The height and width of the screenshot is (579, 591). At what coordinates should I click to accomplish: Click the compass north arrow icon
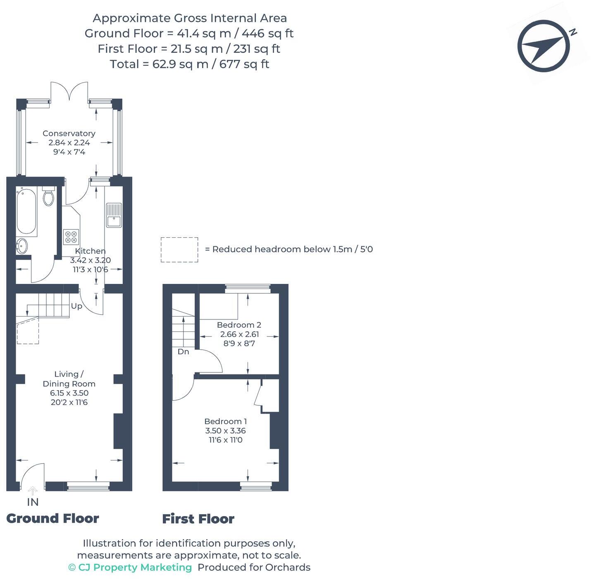pos(544,46)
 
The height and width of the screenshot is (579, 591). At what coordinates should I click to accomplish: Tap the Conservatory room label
pos(69,133)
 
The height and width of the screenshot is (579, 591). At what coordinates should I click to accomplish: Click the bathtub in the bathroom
pos(26,211)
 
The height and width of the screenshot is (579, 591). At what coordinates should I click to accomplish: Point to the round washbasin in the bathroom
pos(22,246)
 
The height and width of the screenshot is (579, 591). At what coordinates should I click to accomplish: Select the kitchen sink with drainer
pos(114,215)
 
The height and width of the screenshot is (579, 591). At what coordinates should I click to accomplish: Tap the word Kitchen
pos(90,251)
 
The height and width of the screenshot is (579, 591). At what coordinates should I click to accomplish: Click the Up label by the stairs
pos(76,306)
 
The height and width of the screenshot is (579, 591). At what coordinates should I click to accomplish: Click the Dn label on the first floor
pos(183,352)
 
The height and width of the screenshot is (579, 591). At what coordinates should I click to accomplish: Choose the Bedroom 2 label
pos(239,325)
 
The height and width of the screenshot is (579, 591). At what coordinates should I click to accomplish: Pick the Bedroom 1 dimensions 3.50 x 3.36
pos(225,431)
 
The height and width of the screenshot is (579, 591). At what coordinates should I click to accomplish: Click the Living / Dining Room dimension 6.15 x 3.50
pos(69,393)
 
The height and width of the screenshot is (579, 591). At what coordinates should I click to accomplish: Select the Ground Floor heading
pos(52,518)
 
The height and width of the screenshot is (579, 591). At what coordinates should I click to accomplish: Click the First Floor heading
pos(198,519)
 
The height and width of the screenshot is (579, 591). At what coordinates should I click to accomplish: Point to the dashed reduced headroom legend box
pos(179,250)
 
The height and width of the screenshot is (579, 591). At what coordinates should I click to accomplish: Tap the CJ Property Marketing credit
pos(130,567)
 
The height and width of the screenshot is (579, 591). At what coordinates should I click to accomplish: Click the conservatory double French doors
pos(69,91)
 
